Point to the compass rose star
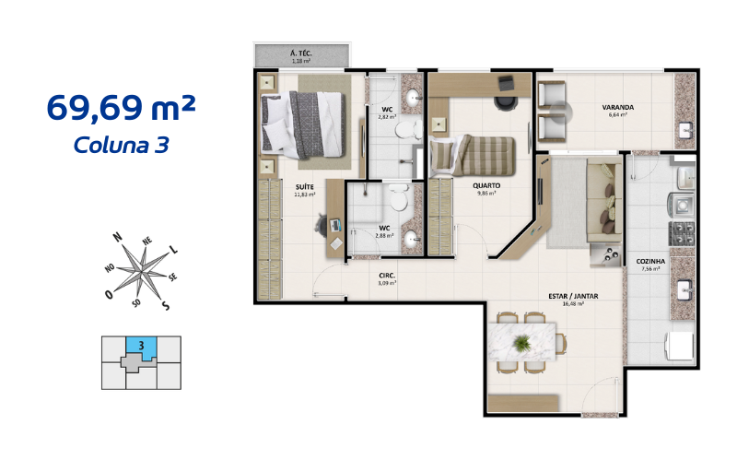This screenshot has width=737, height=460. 141,269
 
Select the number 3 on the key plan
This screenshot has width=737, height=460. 141,346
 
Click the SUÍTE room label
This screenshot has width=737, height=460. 304,187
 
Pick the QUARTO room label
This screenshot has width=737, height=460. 487,184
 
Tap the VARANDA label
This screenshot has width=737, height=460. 617,107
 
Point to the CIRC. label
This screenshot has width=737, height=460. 387,276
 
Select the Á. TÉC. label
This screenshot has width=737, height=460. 301,54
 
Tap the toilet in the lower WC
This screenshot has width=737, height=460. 398,198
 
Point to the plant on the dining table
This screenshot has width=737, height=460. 523,343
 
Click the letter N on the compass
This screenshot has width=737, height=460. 118,237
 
